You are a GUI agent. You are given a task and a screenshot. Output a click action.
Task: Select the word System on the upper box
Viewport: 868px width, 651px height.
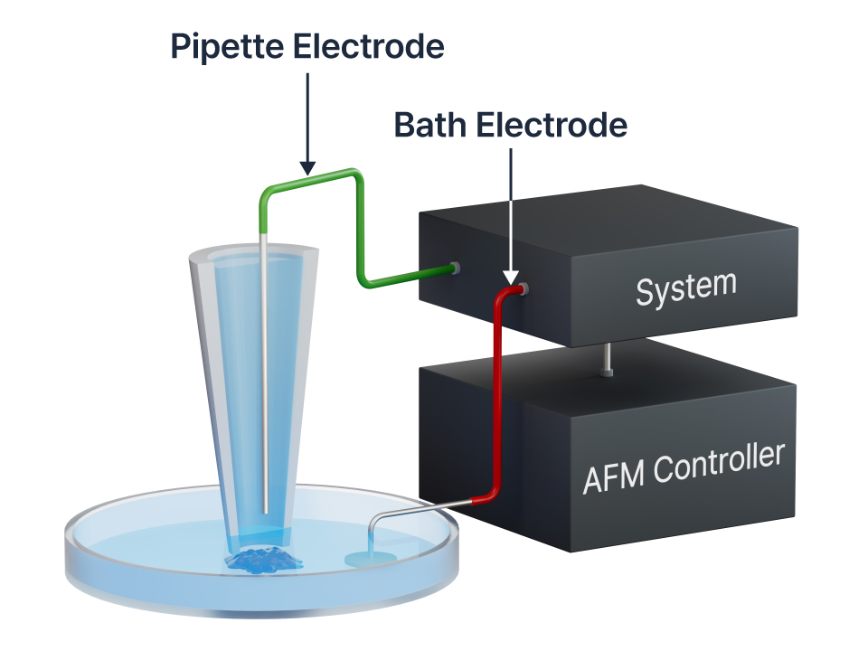tap(685, 288)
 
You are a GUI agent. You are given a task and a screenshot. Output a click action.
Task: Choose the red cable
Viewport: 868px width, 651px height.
tap(496, 398)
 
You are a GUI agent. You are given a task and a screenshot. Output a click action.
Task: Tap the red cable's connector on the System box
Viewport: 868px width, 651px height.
tap(522, 289)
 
